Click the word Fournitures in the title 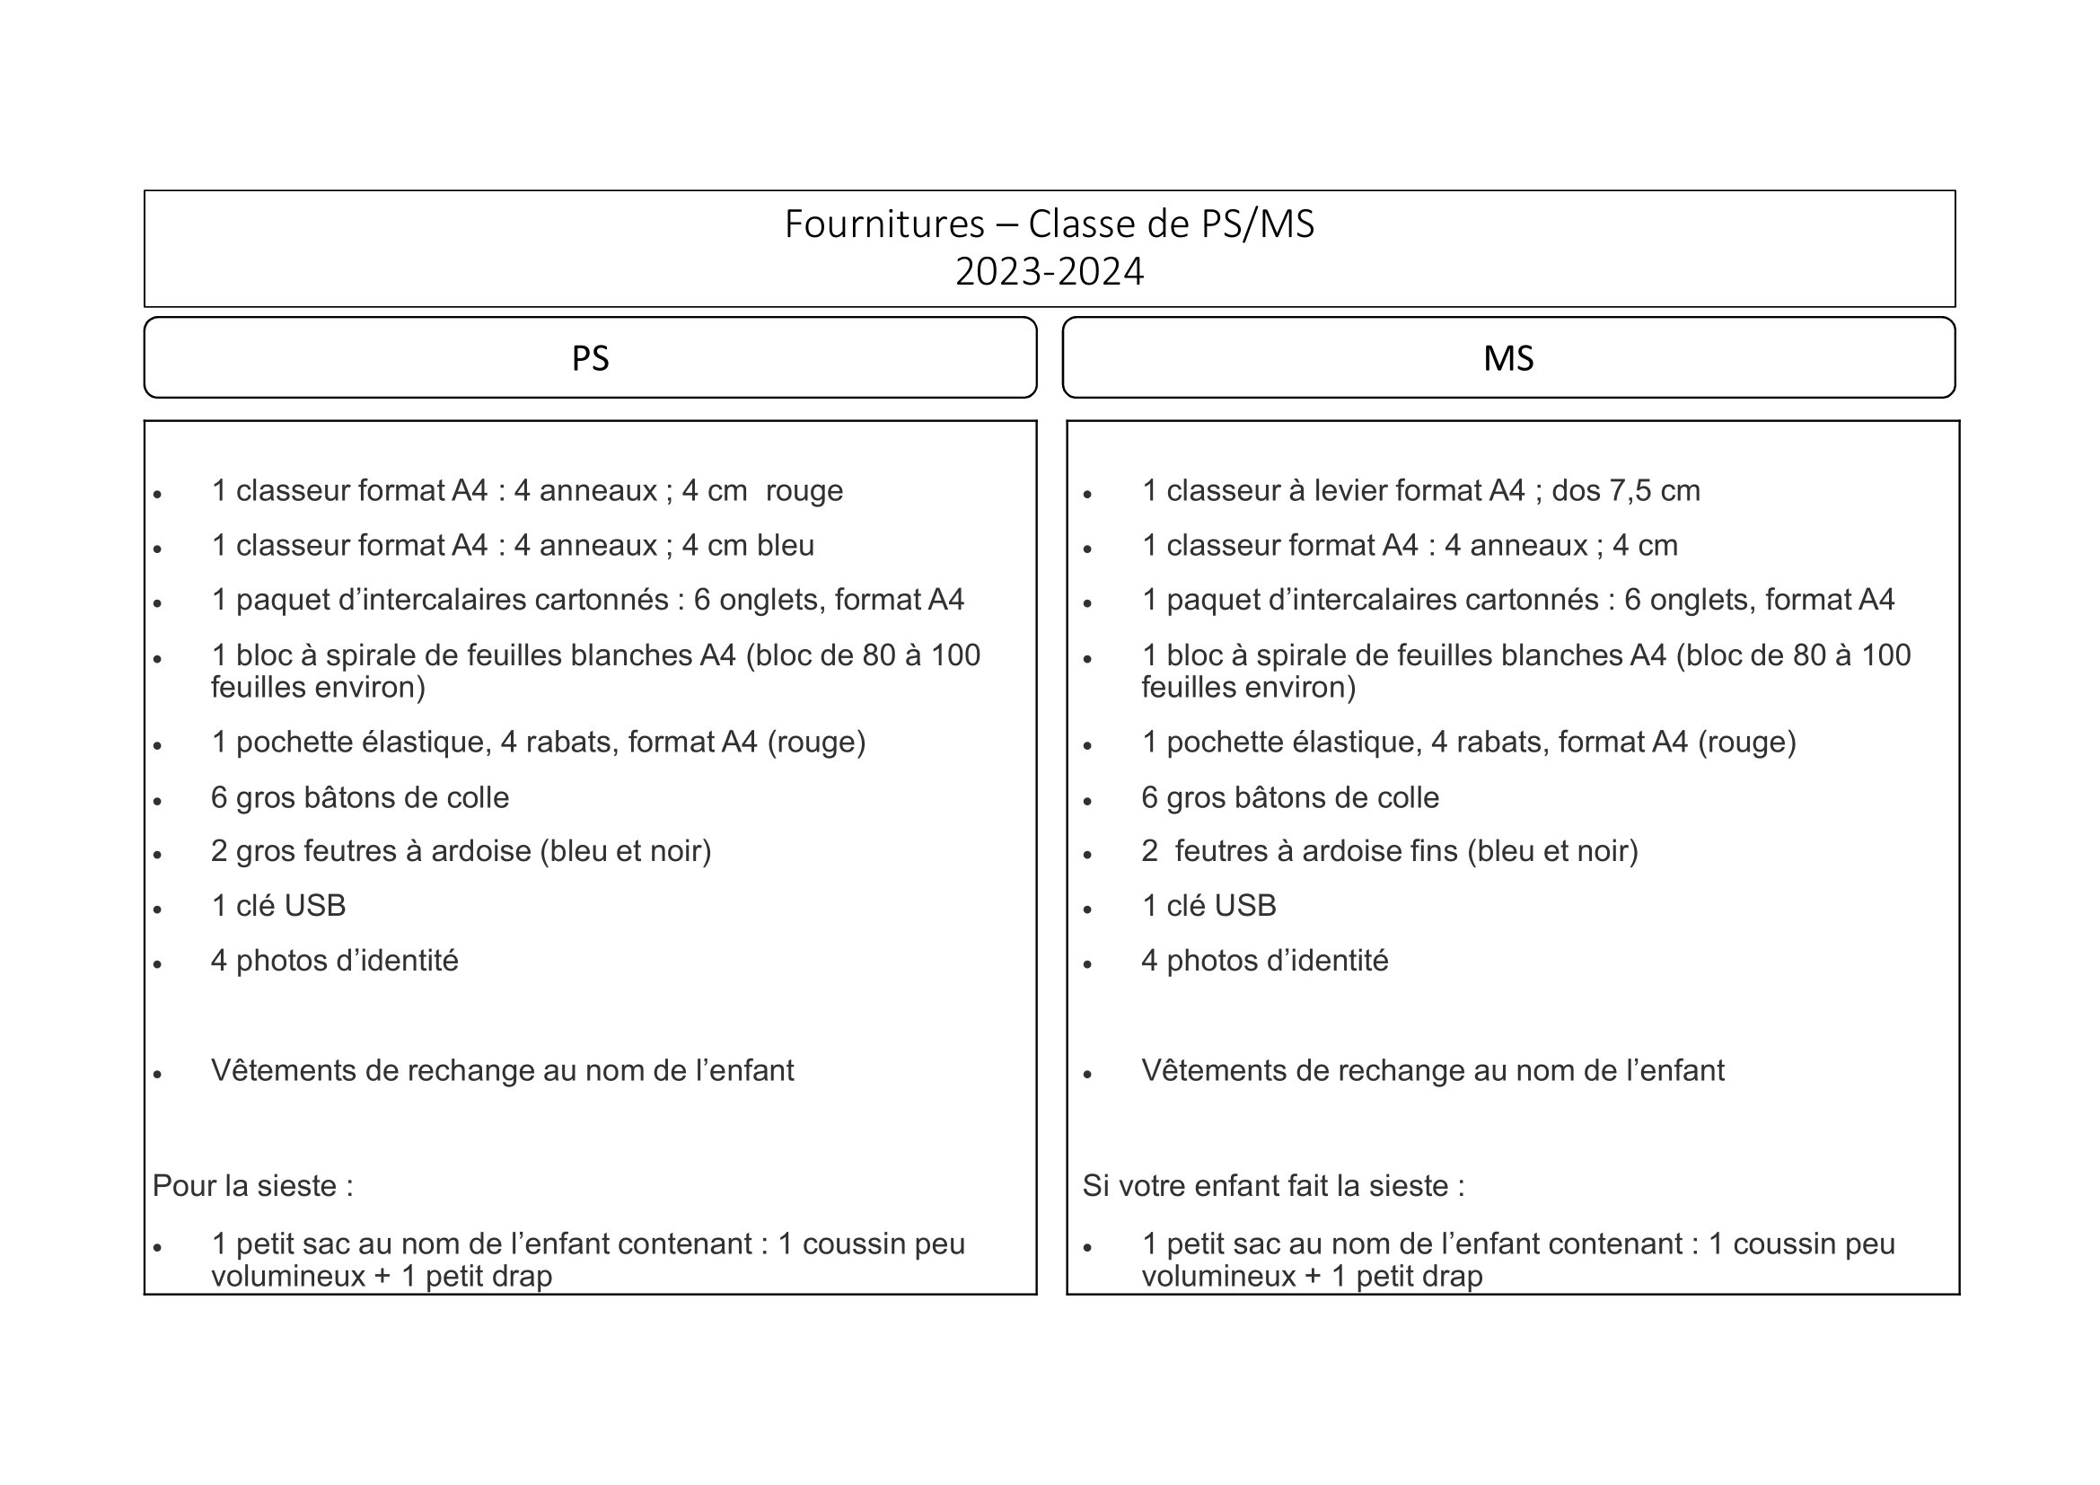pos(883,224)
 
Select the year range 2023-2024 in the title pos(1049,271)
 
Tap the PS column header pos(590,357)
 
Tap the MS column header pos(1508,357)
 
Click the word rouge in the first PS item pos(804,491)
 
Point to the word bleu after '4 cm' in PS pos(786,546)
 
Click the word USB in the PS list pos(314,906)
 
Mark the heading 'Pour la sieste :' pos(252,1186)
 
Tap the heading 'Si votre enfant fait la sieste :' pos(1273,1186)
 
